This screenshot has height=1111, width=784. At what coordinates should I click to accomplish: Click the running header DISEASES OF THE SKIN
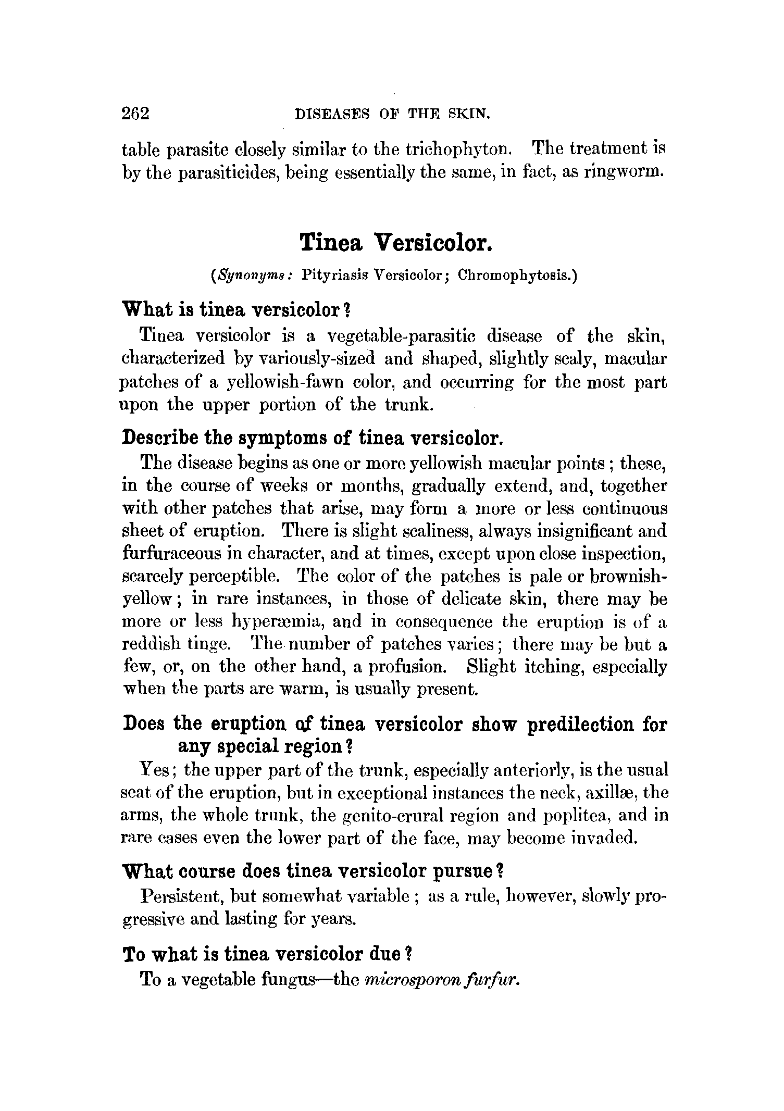(392, 113)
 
